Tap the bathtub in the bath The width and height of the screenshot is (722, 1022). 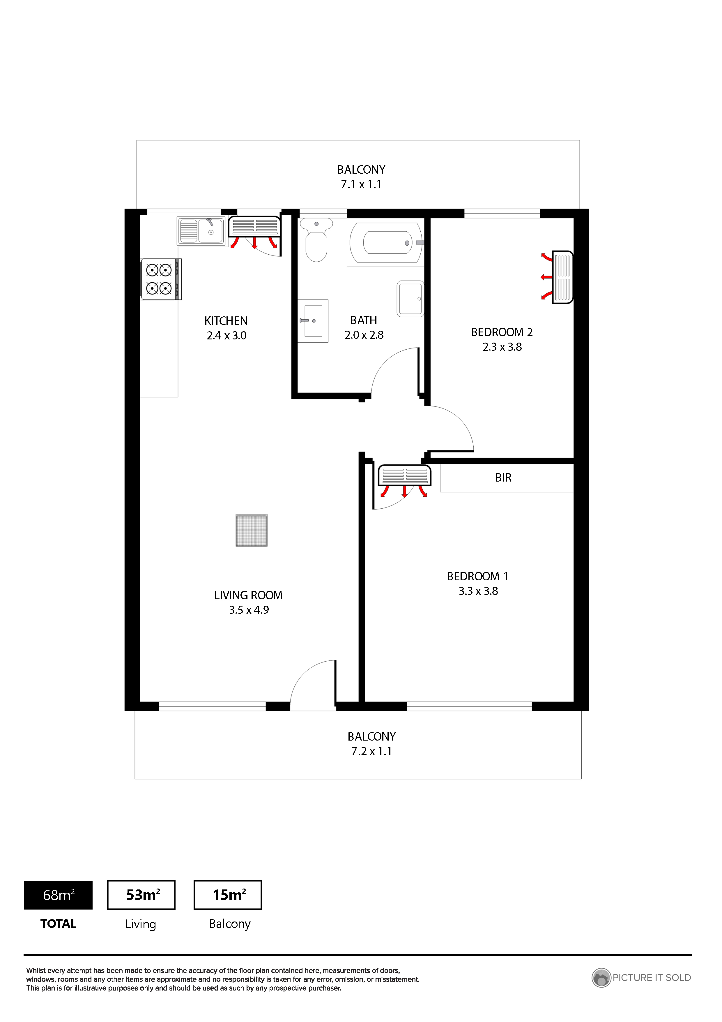(x=386, y=243)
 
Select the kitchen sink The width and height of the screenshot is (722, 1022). (x=201, y=231)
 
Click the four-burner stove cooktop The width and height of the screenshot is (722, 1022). (x=161, y=279)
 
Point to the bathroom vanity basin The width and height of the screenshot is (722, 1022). (x=313, y=320)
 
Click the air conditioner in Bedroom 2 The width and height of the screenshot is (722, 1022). (x=562, y=277)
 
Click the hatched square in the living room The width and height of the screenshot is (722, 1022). (x=252, y=530)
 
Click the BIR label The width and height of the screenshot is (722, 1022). (x=503, y=477)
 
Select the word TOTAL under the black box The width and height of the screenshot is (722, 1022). (x=58, y=924)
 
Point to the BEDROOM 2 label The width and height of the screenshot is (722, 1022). (x=502, y=332)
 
